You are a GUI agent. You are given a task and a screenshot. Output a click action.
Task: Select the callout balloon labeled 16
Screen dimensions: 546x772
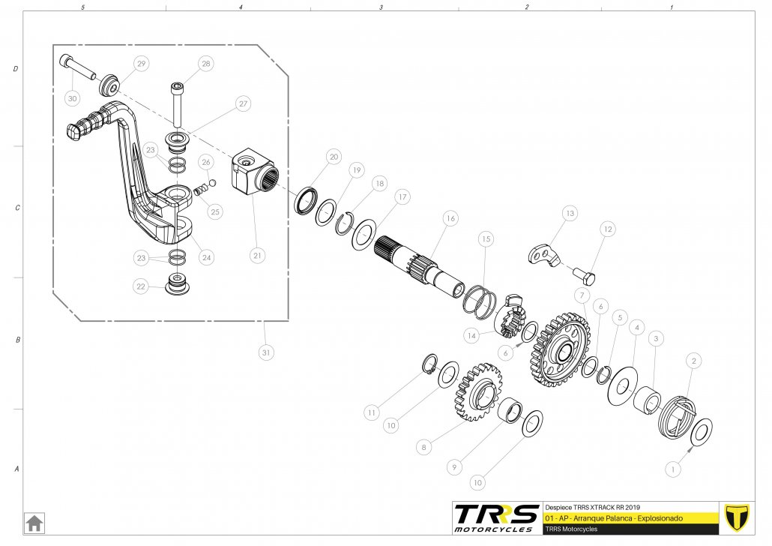(450, 219)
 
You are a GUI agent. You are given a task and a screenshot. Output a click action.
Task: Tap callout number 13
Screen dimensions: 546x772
(570, 214)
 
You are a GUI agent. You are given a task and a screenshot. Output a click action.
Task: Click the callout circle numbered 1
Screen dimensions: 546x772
(672, 469)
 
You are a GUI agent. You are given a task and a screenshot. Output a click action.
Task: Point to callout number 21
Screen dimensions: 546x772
(258, 255)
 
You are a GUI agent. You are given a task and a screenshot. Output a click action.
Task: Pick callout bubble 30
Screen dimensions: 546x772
(72, 98)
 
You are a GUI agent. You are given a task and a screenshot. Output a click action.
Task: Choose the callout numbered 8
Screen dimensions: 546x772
(424, 447)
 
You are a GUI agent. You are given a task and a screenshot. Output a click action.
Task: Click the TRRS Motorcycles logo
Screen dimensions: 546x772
(496, 517)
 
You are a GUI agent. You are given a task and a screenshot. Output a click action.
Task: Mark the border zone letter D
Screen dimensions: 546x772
(16, 69)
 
